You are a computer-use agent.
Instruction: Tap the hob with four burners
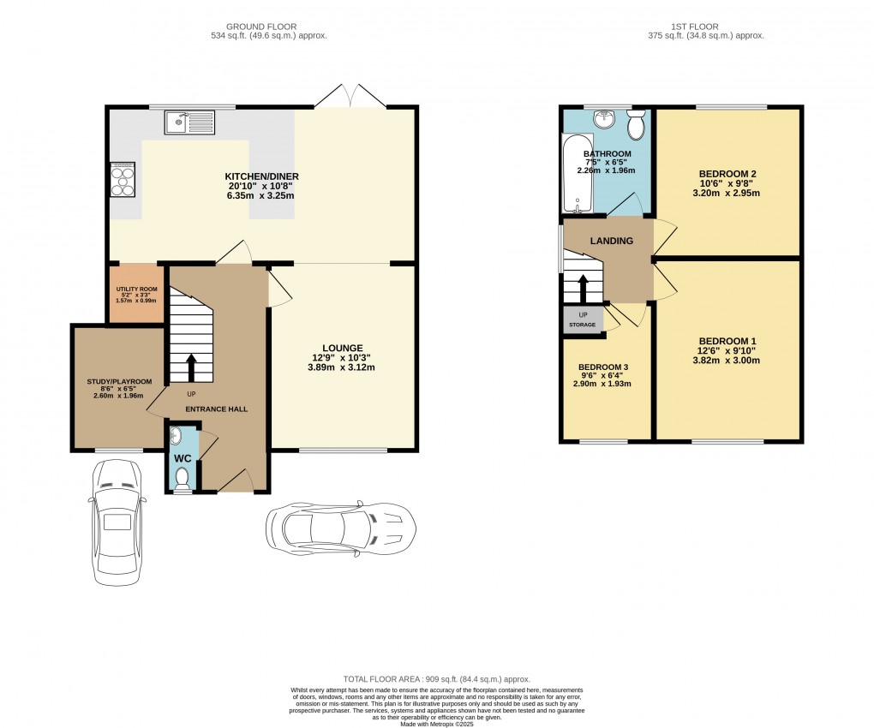tap(122, 179)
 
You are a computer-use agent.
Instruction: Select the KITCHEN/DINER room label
tap(262, 176)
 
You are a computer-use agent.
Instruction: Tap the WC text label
tap(183, 458)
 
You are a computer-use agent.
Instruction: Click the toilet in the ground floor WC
tap(182, 480)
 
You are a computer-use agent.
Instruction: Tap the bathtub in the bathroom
tap(577, 173)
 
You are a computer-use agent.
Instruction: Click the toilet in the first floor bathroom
tap(636, 126)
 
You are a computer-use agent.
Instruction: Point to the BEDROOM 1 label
tap(727, 341)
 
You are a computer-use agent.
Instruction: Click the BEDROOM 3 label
tap(602, 367)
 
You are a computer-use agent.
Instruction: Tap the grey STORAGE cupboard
tap(583, 320)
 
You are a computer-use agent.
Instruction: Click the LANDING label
tap(611, 241)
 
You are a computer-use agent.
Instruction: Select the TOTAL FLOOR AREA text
tap(436, 678)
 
